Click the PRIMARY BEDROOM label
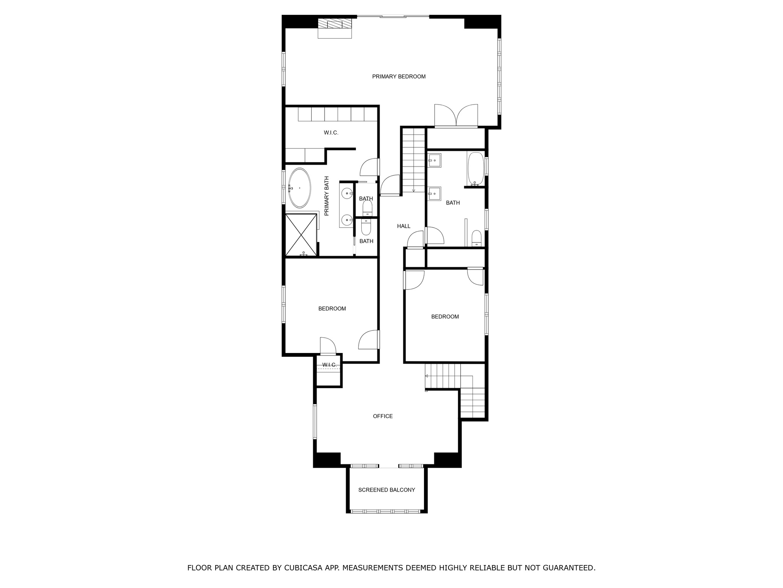399,77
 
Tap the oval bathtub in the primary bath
299,188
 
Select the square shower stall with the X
301,235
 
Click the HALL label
403,226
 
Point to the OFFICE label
383,416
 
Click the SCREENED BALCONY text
387,490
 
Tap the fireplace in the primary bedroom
335,28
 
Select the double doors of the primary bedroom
456,116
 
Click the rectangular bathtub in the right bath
476,169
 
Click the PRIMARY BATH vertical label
327,196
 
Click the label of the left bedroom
332,309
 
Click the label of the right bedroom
445,317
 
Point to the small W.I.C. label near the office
329,365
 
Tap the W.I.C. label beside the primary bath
331,133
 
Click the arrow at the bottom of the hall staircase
414,190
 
